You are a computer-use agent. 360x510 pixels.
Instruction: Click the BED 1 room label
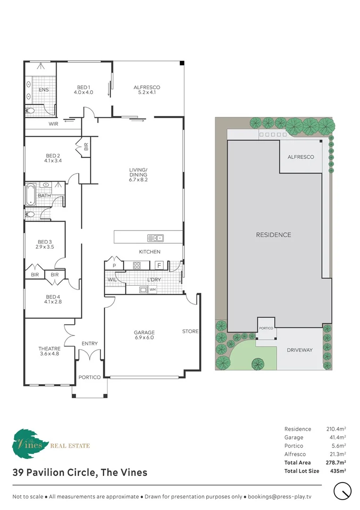coord(84,90)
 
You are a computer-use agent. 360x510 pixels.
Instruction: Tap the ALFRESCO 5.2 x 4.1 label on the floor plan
coord(147,90)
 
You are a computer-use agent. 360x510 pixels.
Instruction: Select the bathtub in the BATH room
coord(31,195)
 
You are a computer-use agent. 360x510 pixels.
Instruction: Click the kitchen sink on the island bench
coord(155,238)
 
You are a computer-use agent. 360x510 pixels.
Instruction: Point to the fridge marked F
coord(159,265)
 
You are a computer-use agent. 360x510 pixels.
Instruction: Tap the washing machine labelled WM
coord(152,289)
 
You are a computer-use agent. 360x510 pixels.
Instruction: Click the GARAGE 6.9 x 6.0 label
coord(144,335)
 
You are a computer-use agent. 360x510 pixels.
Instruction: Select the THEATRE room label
coord(50,351)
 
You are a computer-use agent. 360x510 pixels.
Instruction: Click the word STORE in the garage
coord(191,331)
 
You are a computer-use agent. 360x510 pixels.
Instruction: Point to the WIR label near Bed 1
coord(53,124)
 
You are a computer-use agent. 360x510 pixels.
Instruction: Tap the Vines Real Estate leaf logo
coord(30,443)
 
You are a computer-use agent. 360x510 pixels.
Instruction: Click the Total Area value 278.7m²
coord(336,462)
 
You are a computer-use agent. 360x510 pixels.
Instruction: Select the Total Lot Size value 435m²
coord(338,471)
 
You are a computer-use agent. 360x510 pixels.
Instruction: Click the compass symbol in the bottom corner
coord(343,491)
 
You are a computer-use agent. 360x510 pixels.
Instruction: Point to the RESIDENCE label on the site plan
coord(274,235)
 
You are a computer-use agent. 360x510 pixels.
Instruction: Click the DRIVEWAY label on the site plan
coord(300,350)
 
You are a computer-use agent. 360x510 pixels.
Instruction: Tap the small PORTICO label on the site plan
coord(266,328)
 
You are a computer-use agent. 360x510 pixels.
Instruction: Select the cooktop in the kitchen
coord(137,265)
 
